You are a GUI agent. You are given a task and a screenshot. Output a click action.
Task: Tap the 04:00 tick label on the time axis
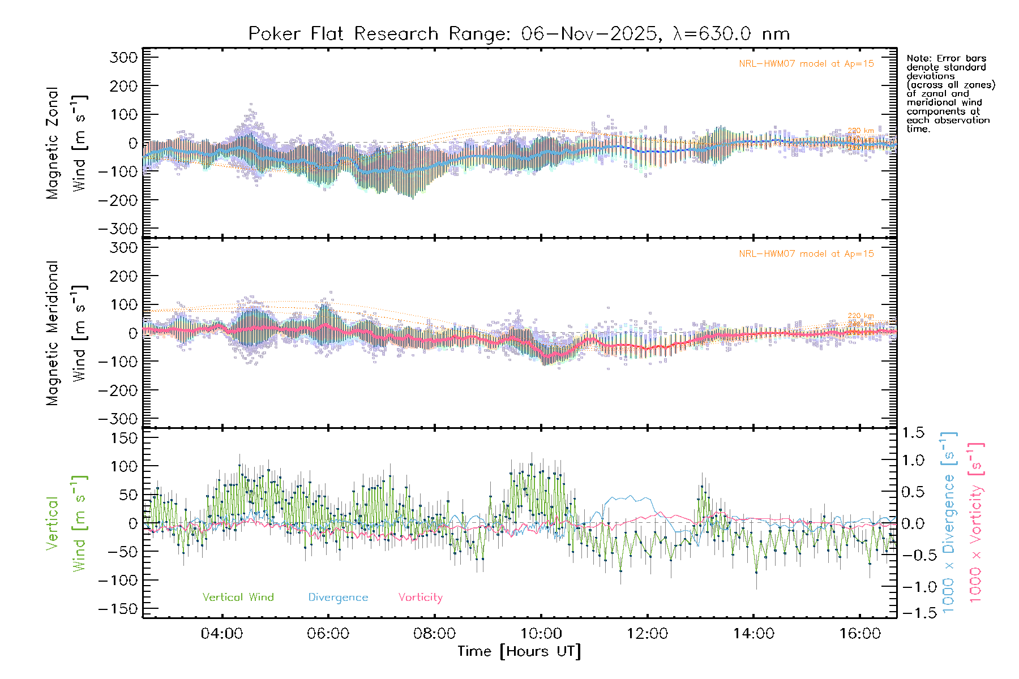point(222,634)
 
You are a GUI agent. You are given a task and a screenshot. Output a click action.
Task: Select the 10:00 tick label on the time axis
point(541,634)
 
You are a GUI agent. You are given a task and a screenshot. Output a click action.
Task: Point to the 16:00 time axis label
point(860,634)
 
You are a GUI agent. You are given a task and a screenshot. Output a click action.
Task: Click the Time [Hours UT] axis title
point(519,652)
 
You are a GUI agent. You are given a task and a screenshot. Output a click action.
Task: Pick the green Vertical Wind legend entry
point(238,598)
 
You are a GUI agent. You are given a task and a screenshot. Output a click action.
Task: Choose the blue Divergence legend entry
point(338,598)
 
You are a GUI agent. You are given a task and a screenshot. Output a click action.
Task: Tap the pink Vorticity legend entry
point(420,598)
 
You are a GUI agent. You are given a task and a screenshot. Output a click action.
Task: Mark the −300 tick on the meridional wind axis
point(118,419)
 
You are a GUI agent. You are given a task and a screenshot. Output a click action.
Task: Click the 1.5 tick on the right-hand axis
point(913,433)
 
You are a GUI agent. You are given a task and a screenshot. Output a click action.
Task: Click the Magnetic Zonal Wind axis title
point(66,143)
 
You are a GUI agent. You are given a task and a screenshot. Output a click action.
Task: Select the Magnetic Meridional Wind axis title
point(66,333)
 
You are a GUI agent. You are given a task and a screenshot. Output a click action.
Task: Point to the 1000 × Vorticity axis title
point(976,522)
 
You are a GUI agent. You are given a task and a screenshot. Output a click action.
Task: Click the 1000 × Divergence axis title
point(949,522)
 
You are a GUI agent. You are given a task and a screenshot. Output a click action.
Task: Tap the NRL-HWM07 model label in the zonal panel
point(806,64)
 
